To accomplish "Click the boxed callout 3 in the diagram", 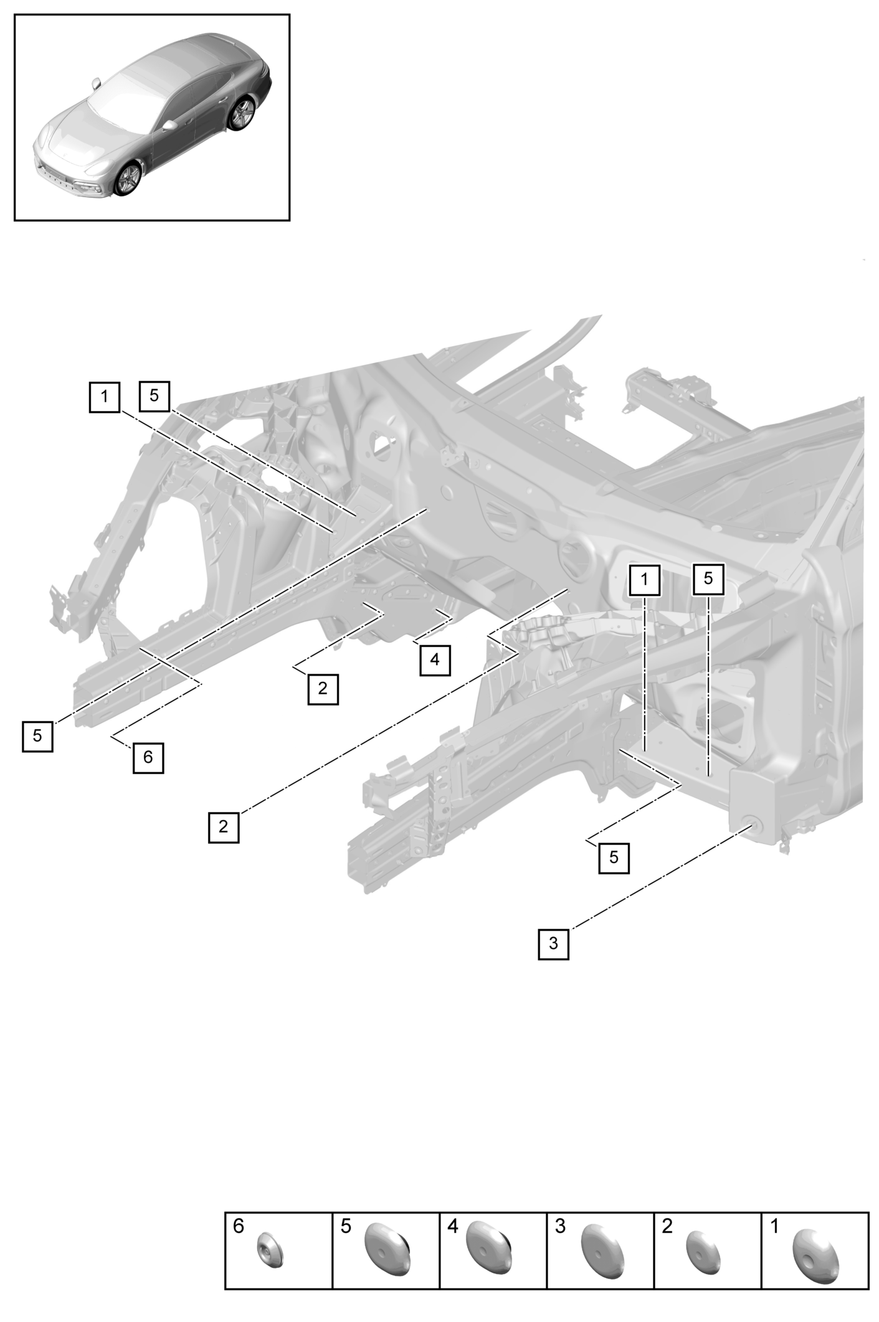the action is [553, 943].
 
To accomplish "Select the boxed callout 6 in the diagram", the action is [148, 757].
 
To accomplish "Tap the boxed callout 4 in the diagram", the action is [435, 659].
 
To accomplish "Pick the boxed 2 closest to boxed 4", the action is [323, 689].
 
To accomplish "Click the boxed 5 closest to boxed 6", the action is [37, 735].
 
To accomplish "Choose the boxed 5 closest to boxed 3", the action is [614, 857].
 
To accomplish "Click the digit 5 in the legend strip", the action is [346, 1227].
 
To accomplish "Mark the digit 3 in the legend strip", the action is [560, 1227].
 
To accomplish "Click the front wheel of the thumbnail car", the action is [128, 180].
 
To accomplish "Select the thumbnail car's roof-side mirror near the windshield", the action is [96, 83].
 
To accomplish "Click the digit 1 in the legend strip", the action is [774, 1227].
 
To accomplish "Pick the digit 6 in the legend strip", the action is [239, 1227].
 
